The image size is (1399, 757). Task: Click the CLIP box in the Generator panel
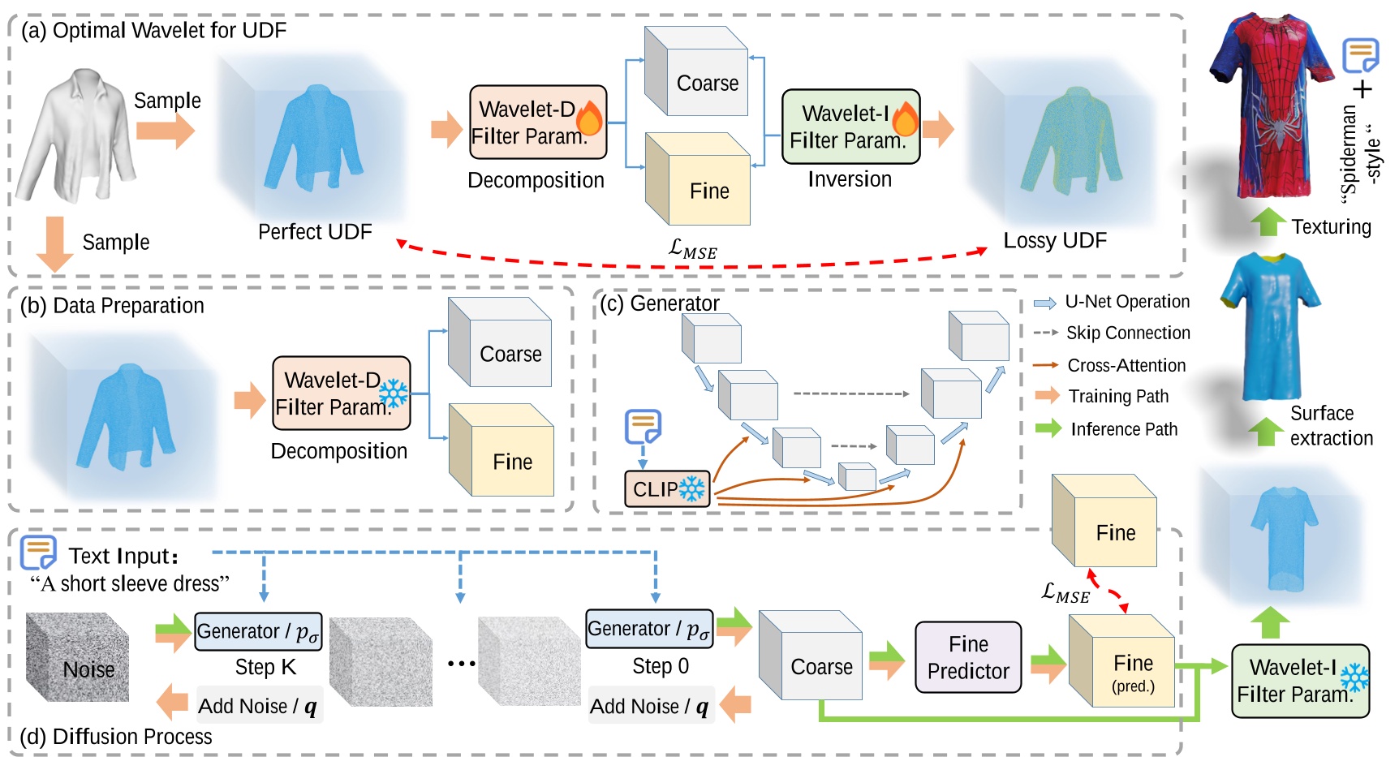pos(666,489)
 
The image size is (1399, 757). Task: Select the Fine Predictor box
pos(967,657)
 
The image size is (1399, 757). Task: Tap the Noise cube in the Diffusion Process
pos(79,659)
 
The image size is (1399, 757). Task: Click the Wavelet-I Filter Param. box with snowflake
pos(1299,681)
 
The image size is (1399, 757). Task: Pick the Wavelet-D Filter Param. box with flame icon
pos(537,123)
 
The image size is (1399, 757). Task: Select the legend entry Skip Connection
pos(1127,333)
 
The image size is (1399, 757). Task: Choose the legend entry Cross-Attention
pos(1126,365)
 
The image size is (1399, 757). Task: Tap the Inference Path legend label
pos(1123,429)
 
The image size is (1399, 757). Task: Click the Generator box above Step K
pos(258,631)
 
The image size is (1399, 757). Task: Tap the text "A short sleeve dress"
pos(130,583)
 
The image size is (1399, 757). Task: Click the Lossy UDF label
pos(1054,240)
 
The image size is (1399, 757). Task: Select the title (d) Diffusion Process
pos(115,736)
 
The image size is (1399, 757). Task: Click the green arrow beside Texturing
pos(1267,222)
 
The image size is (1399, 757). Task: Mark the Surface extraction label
pos(1330,425)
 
